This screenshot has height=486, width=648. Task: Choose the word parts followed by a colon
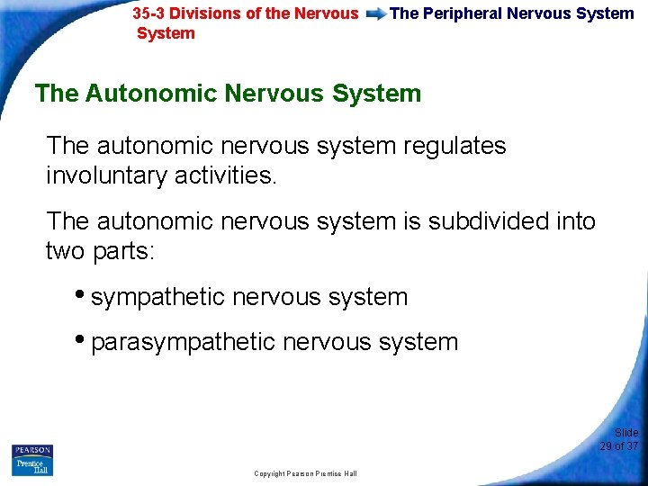click(125, 251)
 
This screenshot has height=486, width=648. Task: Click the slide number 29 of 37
click(618, 446)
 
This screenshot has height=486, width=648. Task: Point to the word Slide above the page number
click(625, 433)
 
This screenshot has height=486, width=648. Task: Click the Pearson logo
click(32, 450)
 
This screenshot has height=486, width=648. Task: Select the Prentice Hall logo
click(32, 466)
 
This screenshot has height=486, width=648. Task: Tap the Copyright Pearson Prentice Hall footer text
click(305, 473)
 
